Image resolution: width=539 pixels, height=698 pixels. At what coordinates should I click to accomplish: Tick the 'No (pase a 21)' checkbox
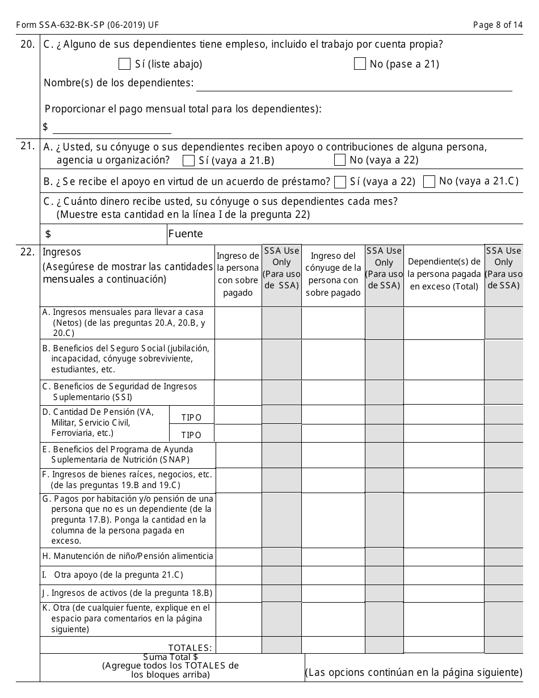360,64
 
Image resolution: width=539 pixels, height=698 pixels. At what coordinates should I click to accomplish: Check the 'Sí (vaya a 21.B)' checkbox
189,161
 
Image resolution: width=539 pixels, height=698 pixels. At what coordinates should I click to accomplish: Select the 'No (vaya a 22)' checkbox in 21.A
340,160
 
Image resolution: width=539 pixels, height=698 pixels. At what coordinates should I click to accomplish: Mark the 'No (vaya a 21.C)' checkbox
429,182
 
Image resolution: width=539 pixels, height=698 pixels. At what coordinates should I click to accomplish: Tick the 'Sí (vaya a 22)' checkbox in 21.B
340,182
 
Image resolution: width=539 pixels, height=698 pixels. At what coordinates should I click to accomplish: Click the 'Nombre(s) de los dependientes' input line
353,85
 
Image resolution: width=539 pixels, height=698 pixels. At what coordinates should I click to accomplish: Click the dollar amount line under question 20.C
112,127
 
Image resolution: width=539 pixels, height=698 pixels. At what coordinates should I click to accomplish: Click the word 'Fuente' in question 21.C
186,234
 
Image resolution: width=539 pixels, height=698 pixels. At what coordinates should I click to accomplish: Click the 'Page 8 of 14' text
498,24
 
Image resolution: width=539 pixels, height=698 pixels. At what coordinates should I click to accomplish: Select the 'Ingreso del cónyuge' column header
333,275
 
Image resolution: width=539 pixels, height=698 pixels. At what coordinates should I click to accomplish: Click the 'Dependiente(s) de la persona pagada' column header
444,274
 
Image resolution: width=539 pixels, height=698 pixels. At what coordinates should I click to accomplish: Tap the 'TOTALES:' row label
190,647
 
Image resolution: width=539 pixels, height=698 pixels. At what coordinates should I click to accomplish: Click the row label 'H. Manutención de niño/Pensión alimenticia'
128,556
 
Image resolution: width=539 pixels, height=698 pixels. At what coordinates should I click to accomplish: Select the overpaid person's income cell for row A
238,323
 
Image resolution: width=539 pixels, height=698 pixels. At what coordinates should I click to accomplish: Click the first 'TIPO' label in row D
191,418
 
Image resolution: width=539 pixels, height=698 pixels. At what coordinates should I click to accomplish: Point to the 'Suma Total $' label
170,657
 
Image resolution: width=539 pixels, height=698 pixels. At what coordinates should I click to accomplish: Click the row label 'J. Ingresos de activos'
128,593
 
